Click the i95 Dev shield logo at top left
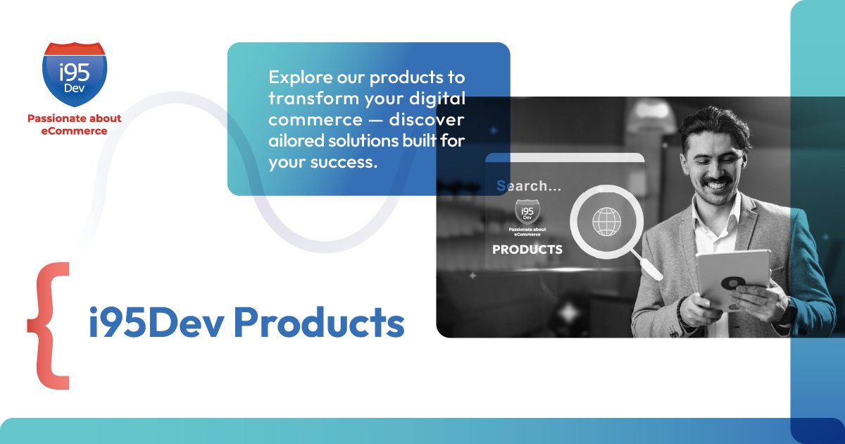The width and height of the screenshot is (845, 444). (x=75, y=74)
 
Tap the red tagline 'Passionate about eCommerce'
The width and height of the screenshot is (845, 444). (x=75, y=125)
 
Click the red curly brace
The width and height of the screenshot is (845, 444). (x=49, y=326)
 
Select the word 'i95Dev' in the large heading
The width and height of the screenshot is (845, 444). (x=156, y=323)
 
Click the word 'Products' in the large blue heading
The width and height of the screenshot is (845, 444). (x=319, y=322)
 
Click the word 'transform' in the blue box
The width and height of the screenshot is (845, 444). (x=314, y=99)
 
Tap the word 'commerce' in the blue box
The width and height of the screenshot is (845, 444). (x=315, y=120)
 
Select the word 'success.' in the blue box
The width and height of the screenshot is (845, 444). (x=344, y=162)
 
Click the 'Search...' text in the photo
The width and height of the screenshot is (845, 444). (x=529, y=186)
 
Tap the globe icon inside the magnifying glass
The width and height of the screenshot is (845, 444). (x=606, y=221)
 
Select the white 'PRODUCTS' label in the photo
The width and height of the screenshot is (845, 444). (x=527, y=249)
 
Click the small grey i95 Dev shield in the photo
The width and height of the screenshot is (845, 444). (x=527, y=211)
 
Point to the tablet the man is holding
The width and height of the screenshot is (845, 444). (x=732, y=278)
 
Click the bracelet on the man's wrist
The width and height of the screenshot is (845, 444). (x=680, y=310)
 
